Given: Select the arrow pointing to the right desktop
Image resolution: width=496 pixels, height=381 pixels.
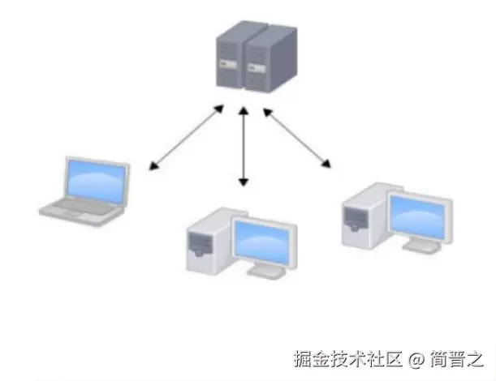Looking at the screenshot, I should pyautogui.click(x=297, y=139).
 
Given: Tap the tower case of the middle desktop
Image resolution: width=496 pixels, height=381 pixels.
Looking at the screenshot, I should pyautogui.click(x=208, y=242).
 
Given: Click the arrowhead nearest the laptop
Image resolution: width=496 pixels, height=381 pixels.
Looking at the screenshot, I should pyautogui.click(x=153, y=169).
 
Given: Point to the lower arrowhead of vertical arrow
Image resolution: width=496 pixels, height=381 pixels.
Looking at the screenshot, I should pyautogui.click(x=243, y=183).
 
